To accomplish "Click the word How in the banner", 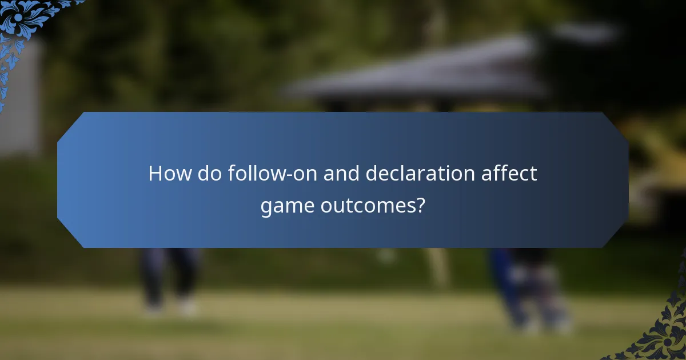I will pos(170,173).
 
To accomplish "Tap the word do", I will pos(210,173).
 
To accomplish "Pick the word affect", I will pos(509,173).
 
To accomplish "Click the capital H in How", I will pos(155,173).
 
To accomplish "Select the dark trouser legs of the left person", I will pos(169,274).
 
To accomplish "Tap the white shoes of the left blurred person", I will pos(171,309).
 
